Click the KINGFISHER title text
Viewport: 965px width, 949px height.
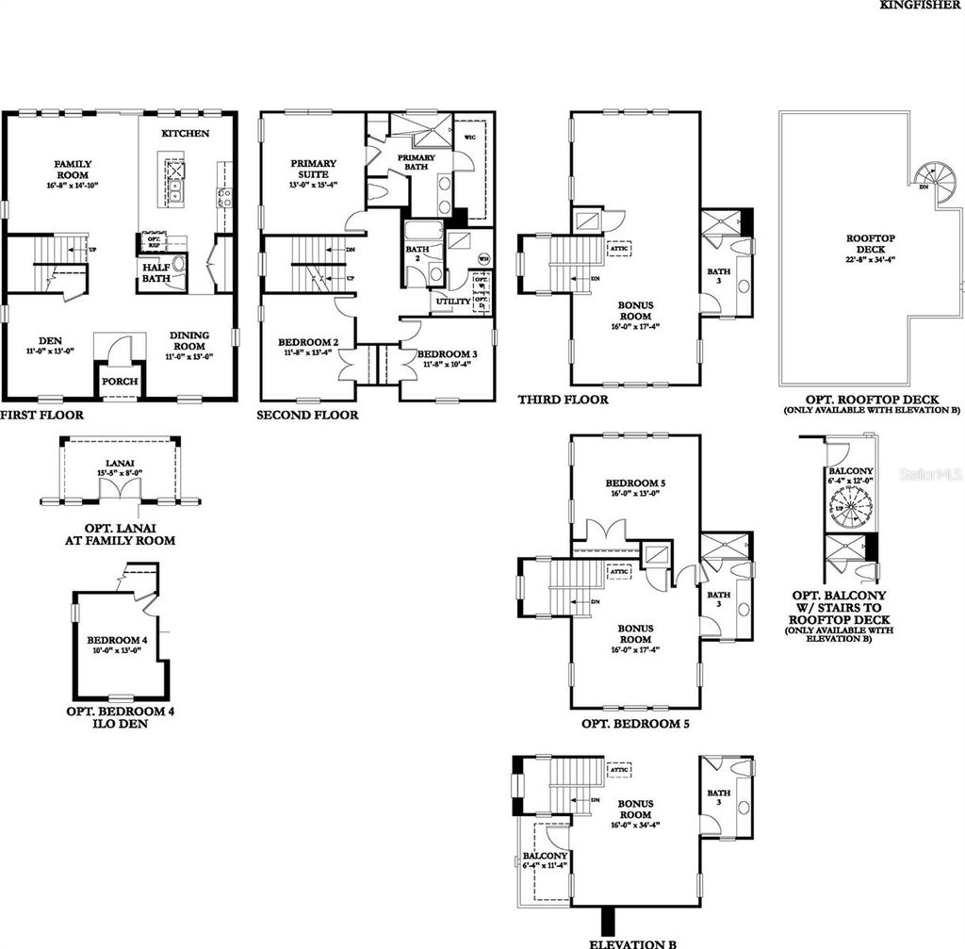[x=922, y=5]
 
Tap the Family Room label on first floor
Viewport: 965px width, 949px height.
[x=72, y=170]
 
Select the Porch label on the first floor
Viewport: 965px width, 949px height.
[x=120, y=381]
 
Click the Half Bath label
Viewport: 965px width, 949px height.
[x=156, y=273]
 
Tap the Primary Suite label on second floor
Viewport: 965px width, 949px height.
[x=313, y=169]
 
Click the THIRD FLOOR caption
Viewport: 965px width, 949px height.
[x=562, y=400]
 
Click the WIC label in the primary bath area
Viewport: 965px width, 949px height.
[x=470, y=138]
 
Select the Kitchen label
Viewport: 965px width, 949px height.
[x=185, y=134]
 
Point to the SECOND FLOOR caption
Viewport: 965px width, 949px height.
[x=307, y=415]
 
